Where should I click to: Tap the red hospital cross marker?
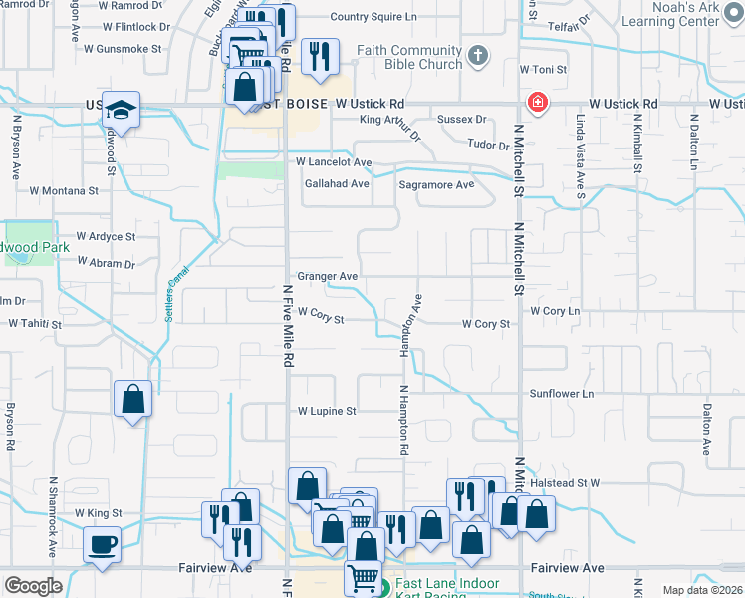pos(537,104)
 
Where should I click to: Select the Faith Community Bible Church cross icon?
pos(478,56)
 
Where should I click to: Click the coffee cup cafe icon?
pos(104,546)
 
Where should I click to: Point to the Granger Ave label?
pos(327,276)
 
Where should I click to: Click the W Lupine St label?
pos(326,411)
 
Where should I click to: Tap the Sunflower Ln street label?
pos(561,394)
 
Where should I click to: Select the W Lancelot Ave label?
pos(333,161)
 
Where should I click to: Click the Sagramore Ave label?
pos(436,185)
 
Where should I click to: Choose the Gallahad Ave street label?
pos(338,184)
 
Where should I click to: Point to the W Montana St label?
pos(64,189)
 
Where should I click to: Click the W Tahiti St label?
pos(37,323)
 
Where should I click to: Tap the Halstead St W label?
pos(565,483)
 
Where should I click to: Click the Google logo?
pos(33,586)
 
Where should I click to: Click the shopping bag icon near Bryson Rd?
pos(132,400)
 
